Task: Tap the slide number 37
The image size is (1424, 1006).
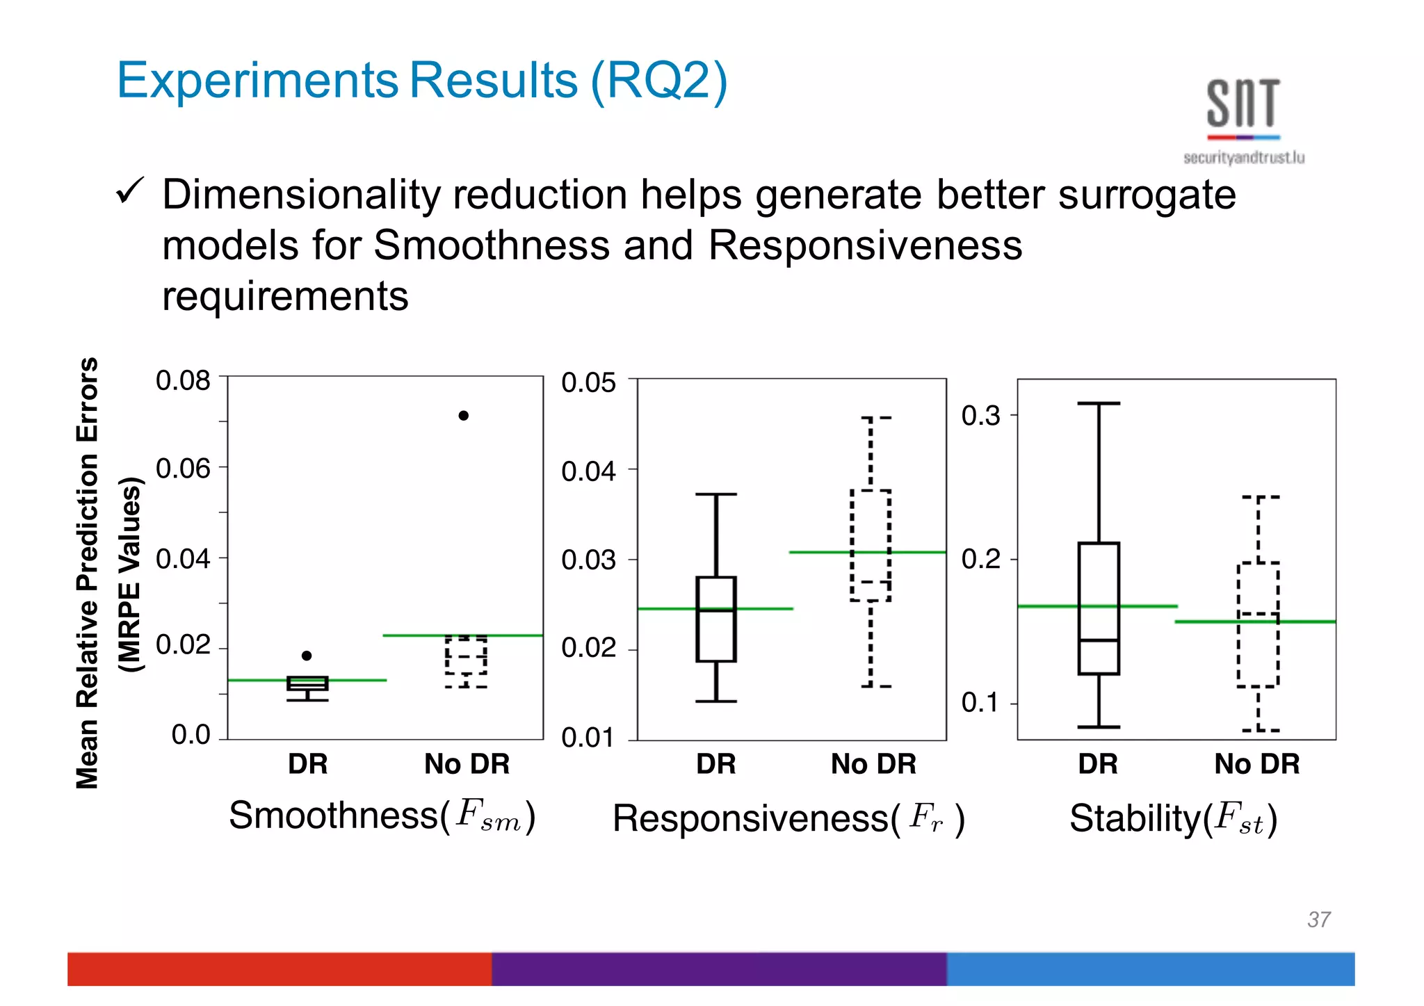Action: pyautogui.click(x=1318, y=919)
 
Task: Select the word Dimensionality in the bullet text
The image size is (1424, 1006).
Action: pyautogui.click(x=300, y=195)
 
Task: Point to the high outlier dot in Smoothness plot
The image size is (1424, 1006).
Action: pyautogui.click(x=464, y=416)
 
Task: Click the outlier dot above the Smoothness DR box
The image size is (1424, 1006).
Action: pyautogui.click(x=307, y=656)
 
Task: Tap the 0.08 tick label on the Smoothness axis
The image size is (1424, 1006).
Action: pyautogui.click(x=183, y=381)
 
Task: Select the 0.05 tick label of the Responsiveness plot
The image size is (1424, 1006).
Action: pyautogui.click(x=588, y=383)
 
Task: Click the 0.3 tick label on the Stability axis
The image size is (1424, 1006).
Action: pyautogui.click(x=980, y=416)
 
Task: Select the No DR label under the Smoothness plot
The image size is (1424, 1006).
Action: pyautogui.click(x=467, y=764)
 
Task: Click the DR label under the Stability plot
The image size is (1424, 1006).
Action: pyautogui.click(x=1098, y=764)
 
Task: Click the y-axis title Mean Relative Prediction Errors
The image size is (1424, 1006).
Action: pyautogui.click(x=88, y=573)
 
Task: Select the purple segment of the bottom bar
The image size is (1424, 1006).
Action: pyautogui.click(x=719, y=968)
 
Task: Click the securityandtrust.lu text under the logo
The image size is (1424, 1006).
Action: pyautogui.click(x=1243, y=158)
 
